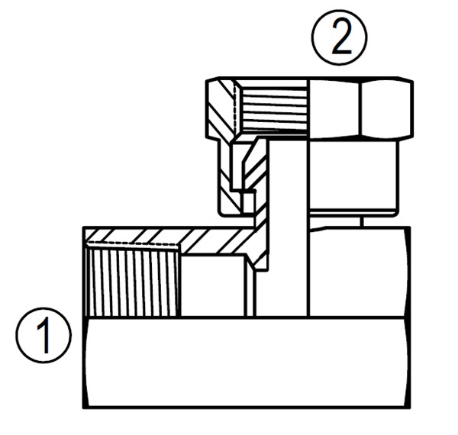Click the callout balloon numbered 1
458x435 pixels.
pos(43,334)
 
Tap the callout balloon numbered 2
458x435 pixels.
pos(340,37)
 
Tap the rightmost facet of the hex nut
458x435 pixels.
pos(386,108)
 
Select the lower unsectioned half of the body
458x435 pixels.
pos(244,362)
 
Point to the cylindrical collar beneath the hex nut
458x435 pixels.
pos(353,176)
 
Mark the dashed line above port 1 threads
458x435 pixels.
pos(134,244)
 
